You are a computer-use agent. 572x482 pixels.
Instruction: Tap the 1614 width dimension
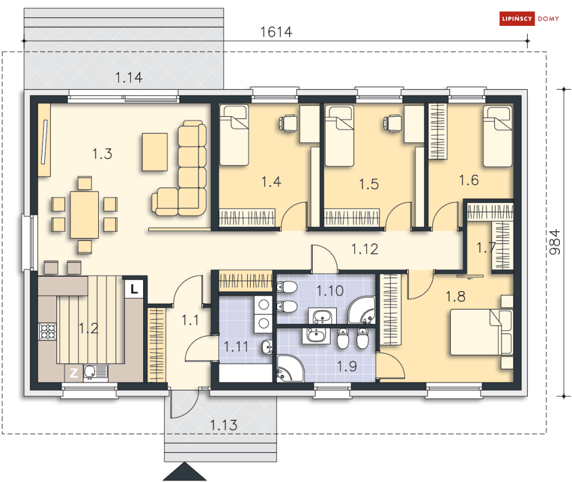[276, 32]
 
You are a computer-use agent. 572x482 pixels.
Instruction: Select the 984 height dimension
[554, 242]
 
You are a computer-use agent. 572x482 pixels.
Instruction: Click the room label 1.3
[101, 154]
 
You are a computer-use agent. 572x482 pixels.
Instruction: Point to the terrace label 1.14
[129, 77]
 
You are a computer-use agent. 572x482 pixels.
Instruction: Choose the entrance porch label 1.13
[223, 426]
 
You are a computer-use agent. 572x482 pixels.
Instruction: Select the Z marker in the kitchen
[74, 373]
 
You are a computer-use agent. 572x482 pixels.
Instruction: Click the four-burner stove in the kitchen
[47, 331]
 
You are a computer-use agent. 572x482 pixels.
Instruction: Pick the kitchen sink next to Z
[95, 372]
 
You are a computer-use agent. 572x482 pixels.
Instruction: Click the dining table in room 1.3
[85, 214]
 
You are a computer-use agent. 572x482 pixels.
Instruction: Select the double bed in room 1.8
[481, 332]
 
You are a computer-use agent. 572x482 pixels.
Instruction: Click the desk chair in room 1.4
[287, 122]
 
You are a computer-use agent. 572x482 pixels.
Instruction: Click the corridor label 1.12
[365, 248]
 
